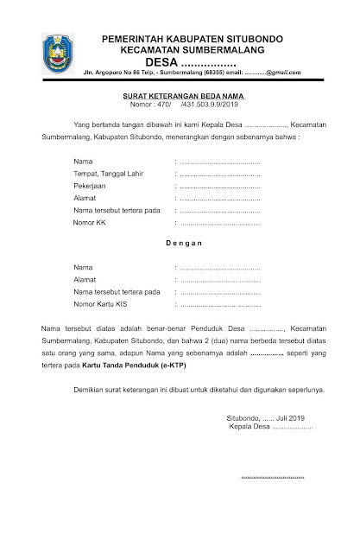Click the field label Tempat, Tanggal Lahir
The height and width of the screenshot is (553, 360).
(x=108, y=174)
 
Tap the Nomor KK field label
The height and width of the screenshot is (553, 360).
(x=90, y=223)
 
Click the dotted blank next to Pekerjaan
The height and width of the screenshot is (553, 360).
(x=219, y=186)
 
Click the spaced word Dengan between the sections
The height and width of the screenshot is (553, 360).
(x=183, y=244)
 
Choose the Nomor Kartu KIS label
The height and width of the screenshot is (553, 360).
(x=101, y=304)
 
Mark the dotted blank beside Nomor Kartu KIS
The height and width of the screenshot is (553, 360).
(x=219, y=304)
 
